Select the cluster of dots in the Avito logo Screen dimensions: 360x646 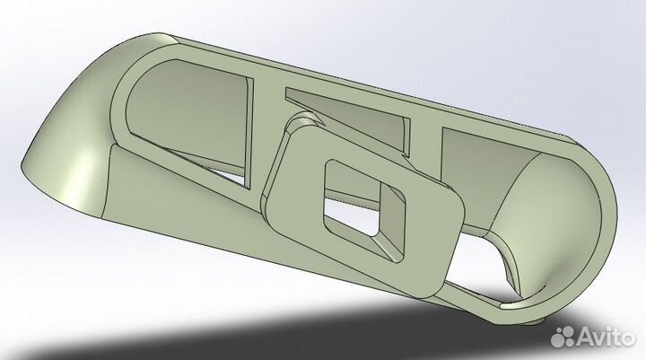(x=564, y=338)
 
